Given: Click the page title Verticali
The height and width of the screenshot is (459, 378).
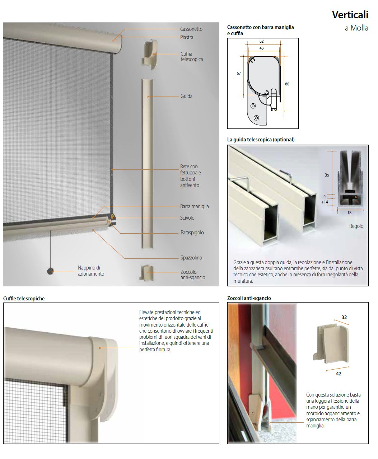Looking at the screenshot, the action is [350, 15].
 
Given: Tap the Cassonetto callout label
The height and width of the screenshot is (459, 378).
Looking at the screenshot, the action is [191, 29].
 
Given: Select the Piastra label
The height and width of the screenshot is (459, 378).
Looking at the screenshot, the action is [187, 37].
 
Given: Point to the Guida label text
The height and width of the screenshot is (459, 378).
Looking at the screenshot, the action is [186, 96].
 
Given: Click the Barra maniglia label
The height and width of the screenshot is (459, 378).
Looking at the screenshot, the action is [195, 206].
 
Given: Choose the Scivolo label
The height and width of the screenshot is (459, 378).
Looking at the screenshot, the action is [187, 217].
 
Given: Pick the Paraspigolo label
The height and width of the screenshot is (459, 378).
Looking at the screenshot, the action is [192, 233].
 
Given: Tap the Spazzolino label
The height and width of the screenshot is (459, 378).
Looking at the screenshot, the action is [191, 258].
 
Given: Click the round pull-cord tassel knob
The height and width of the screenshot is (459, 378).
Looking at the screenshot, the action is [51, 271].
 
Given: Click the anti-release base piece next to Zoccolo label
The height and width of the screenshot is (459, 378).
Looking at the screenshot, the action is [147, 273].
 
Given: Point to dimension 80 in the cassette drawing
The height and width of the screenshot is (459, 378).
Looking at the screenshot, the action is [287, 84].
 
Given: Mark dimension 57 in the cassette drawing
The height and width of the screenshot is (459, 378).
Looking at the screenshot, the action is [239, 73].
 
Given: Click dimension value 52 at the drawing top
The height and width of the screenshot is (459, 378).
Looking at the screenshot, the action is [261, 41].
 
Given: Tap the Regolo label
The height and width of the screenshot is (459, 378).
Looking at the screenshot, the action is [356, 226].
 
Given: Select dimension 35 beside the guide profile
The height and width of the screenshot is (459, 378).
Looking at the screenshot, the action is [327, 175].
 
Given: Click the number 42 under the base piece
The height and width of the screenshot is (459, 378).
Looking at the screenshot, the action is [339, 374].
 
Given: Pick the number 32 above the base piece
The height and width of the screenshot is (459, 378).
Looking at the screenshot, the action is [344, 317].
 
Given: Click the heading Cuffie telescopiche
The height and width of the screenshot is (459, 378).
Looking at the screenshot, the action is [24, 298].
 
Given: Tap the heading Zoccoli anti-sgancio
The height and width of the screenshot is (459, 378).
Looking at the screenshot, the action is [249, 298].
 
